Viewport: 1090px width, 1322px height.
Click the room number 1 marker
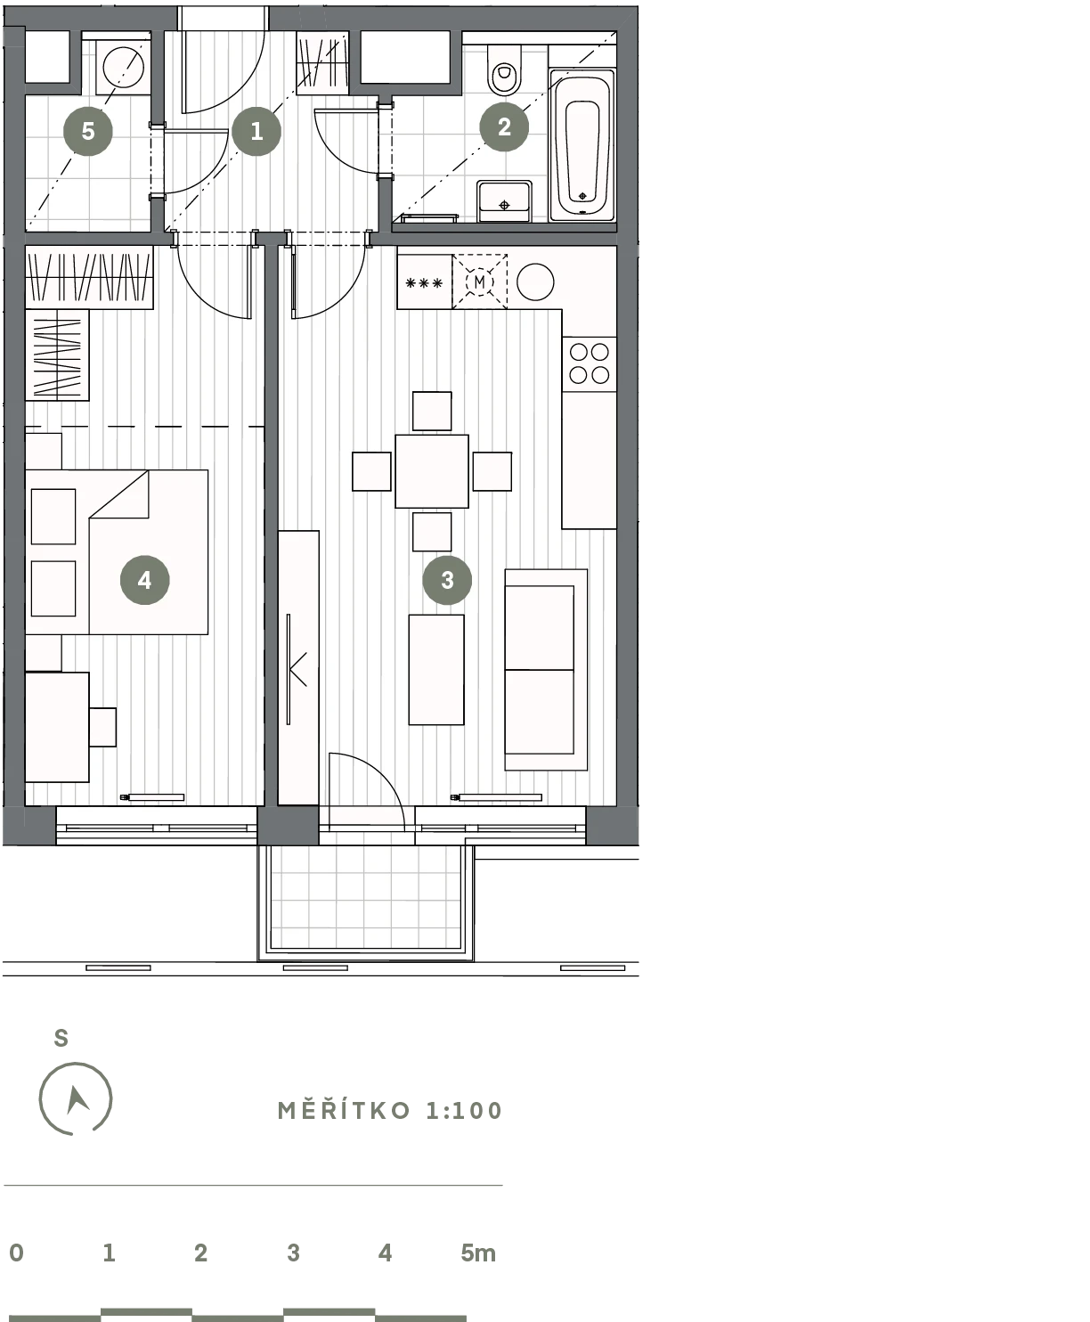point(256,131)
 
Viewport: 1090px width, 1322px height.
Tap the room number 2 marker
point(504,127)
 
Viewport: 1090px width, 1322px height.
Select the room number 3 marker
point(447,580)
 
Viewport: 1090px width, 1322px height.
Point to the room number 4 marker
point(144,580)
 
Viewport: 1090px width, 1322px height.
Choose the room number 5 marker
point(88,131)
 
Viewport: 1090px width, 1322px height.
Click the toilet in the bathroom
point(505,69)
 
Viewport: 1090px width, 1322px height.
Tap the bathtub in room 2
point(582,145)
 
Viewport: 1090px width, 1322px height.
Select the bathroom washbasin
point(505,201)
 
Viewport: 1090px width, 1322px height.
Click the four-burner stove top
point(590,363)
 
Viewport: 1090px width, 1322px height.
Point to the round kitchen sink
point(535,282)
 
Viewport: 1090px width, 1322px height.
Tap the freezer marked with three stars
point(424,282)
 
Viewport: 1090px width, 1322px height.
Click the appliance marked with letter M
point(480,282)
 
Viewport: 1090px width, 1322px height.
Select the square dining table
point(432,471)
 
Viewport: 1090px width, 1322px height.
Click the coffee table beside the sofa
point(436,669)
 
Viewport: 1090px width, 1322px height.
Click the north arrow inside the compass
point(77,1099)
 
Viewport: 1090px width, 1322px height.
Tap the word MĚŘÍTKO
point(345,1111)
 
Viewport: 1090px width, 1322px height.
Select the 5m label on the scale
point(478,1253)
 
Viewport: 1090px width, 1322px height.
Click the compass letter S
point(61,1038)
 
